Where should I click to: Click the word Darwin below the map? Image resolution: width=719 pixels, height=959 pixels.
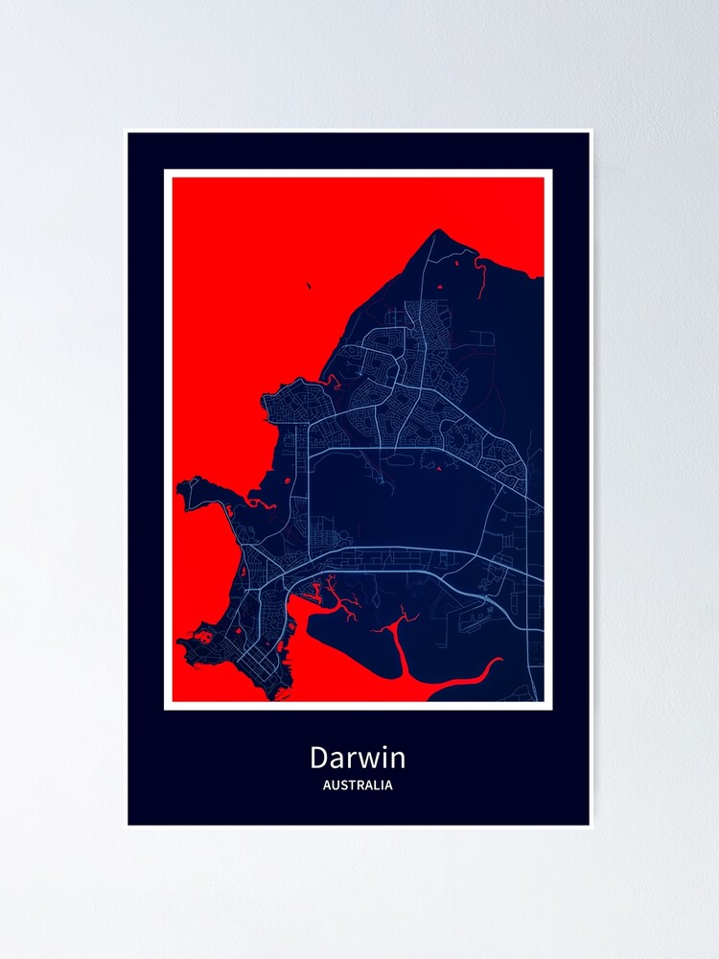click(x=358, y=759)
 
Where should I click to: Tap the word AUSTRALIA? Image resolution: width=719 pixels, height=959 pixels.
click(x=358, y=785)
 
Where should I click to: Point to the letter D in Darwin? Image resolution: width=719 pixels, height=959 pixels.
click(x=318, y=759)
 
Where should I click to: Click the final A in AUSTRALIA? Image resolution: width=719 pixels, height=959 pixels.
click(x=387, y=785)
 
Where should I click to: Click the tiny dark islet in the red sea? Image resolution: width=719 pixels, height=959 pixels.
click(x=309, y=285)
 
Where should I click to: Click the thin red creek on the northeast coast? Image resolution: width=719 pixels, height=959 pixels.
click(x=479, y=273)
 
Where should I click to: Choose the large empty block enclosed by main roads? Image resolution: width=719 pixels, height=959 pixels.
click(x=403, y=499)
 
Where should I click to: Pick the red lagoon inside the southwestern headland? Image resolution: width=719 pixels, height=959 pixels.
click(x=205, y=635)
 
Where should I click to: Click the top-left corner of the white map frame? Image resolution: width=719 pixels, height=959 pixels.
click(x=166, y=172)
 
